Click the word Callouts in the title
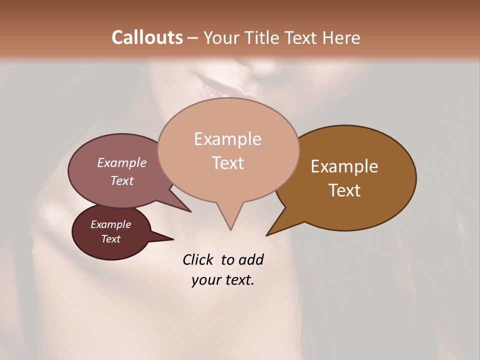point(147,37)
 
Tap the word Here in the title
point(341,37)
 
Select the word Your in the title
point(222,37)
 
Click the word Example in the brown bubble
point(344,166)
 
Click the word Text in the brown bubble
point(344,190)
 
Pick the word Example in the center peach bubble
point(227,139)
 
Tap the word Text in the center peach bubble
point(227,163)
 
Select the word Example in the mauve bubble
point(121,162)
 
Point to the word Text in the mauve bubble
point(121,180)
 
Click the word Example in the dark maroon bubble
point(110,224)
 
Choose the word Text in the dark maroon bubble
point(110,239)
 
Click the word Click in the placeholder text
point(198,259)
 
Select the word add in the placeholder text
point(251,259)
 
